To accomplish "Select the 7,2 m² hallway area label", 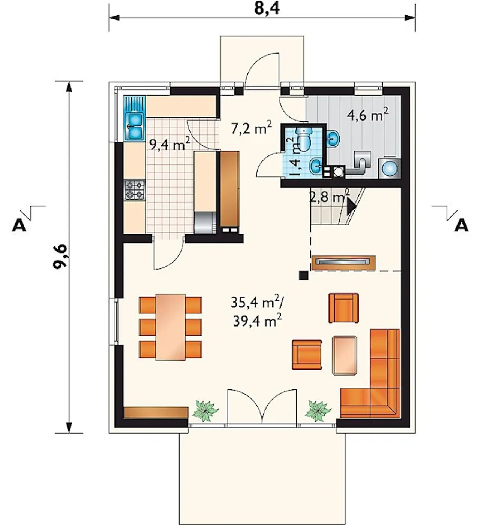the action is point(251,127).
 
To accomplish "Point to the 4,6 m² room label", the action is point(367,114).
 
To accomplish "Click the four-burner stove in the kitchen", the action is point(135,190).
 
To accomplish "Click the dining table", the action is point(170,327).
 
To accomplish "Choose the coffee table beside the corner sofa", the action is point(345,355).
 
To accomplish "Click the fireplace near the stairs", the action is point(343,263).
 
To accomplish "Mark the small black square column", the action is point(304,276).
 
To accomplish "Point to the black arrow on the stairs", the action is point(351,206).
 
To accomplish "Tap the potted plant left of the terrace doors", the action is point(205,411).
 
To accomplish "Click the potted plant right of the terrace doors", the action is point(318,411).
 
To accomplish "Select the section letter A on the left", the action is point(19,225).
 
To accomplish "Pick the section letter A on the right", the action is point(461,225).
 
